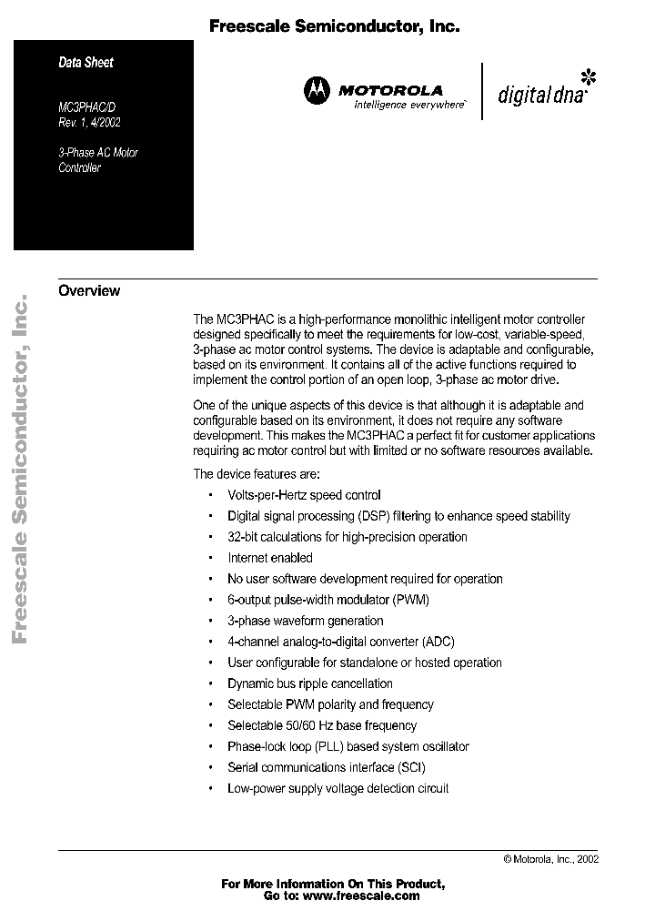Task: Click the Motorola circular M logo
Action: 317,91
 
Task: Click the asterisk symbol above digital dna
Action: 589,75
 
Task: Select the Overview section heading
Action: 89,291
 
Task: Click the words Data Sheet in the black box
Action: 86,63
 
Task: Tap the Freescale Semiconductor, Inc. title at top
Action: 334,27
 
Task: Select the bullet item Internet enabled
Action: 270,558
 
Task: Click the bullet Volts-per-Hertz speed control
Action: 304,495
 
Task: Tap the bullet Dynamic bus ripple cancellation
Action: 310,683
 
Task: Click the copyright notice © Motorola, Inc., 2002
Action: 550,858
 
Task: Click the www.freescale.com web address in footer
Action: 361,896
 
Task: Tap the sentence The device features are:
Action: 257,474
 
